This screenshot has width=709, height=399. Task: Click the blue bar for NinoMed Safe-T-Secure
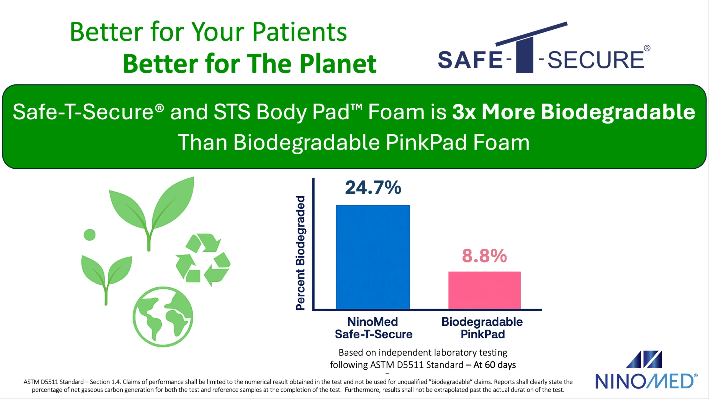point(373,257)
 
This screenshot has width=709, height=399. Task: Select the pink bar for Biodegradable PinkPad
point(484,290)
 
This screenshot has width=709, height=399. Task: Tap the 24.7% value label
point(373,187)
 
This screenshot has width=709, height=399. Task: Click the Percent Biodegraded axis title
point(300,253)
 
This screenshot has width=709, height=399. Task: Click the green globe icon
point(163,316)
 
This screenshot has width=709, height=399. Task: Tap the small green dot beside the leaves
point(89,235)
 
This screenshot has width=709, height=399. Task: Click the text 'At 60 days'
point(495,365)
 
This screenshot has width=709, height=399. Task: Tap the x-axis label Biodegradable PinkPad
point(482,328)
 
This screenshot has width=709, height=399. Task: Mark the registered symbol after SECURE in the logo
point(647,48)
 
